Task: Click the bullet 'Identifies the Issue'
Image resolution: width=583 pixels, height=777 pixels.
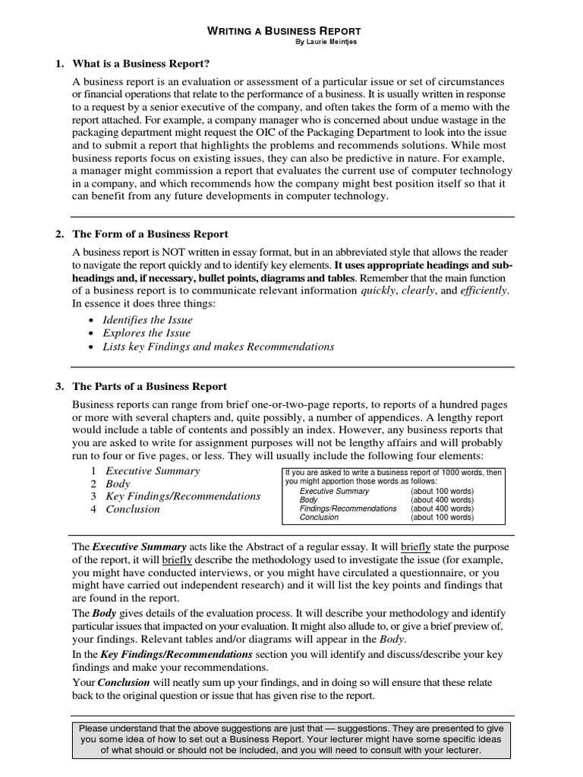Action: pos(147,319)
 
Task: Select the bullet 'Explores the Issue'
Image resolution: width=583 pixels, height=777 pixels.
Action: pos(147,333)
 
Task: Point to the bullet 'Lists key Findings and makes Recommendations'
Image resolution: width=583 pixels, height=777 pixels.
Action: pos(218,347)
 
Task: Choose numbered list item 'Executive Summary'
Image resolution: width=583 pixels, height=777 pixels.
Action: pos(153,470)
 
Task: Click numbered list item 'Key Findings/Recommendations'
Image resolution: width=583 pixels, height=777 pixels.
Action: pos(183,496)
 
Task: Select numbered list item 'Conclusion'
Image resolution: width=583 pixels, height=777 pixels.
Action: pos(133,509)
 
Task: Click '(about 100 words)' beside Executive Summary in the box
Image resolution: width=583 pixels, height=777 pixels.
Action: pos(442,491)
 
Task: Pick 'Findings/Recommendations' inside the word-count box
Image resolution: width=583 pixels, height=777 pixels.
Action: pos(348,508)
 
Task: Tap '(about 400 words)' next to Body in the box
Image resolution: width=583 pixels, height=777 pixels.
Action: pos(442,500)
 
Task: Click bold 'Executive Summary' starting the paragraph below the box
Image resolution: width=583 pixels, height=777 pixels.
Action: pos(139,546)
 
